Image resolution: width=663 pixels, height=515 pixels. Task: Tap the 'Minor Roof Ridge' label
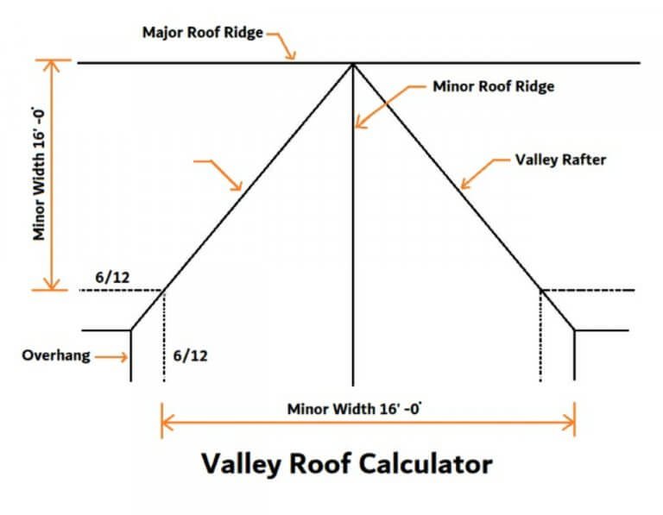pyautogui.click(x=493, y=86)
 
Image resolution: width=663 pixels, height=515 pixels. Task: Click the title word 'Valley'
pyautogui.click(x=239, y=464)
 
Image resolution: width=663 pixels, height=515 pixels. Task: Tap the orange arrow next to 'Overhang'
pyautogui.click(x=110, y=355)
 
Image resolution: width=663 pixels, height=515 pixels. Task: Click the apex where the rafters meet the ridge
pyautogui.click(x=353, y=64)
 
